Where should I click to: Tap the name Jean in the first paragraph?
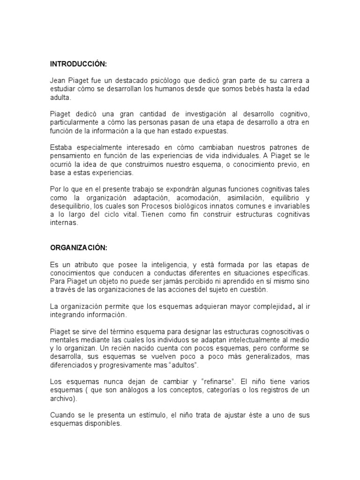click(x=59, y=81)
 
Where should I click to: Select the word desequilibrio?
click(x=71, y=207)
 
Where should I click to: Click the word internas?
click(x=64, y=224)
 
